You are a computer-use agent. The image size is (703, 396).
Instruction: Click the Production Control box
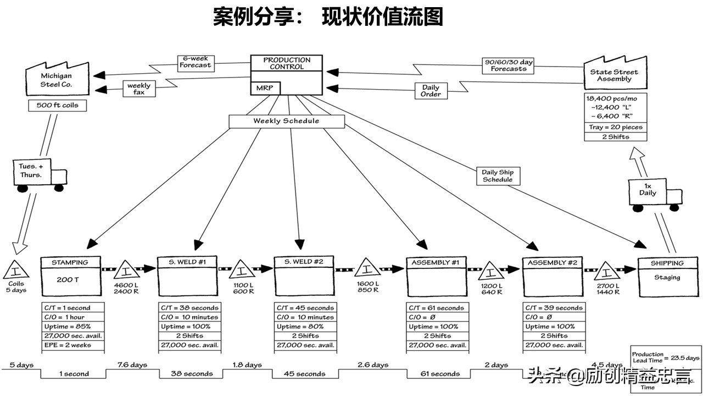pos(286,64)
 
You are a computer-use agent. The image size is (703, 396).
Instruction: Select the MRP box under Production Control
pos(265,88)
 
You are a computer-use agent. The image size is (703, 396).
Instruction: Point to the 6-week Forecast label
pos(195,62)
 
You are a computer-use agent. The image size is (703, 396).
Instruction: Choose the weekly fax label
pos(138,89)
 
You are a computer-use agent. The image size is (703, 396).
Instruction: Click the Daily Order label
pos(431,91)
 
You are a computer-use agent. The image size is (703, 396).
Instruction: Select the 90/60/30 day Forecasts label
pos(509,65)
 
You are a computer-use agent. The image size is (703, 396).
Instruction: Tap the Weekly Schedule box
pos(286,121)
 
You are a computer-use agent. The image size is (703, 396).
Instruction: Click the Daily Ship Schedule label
pos(498,176)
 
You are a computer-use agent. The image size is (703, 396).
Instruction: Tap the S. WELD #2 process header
pos(304,262)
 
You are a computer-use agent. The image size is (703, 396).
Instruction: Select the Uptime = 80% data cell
pos(305,327)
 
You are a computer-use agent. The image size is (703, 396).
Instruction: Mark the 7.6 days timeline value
pos(132,365)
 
